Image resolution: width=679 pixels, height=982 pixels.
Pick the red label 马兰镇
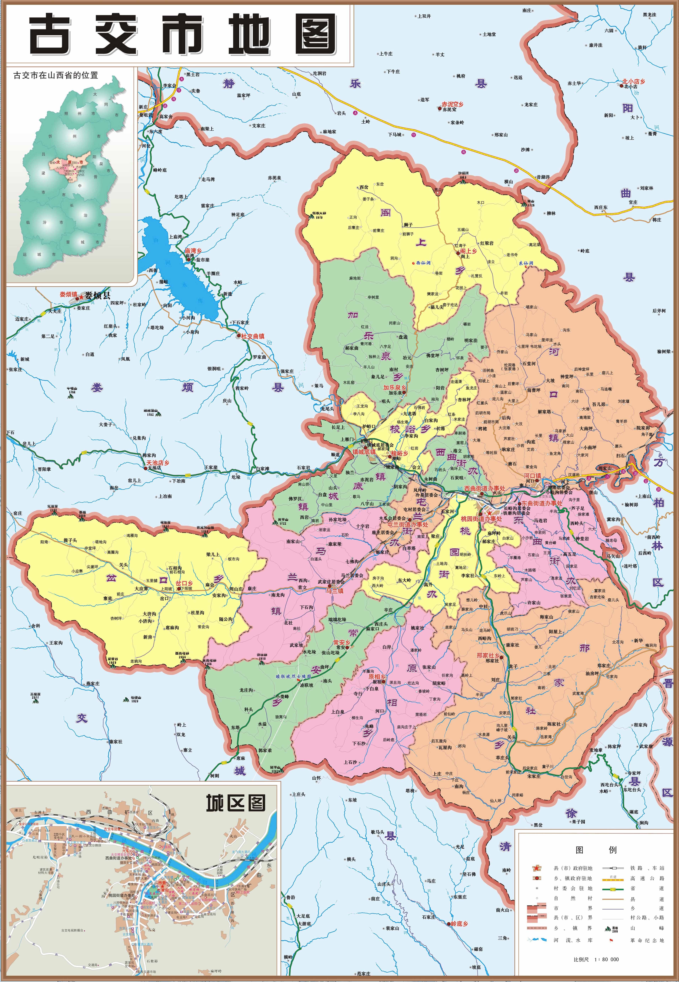(x=334, y=590)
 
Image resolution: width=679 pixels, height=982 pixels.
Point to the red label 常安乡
(x=342, y=642)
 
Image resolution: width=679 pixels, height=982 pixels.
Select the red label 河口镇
(x=532, y=476)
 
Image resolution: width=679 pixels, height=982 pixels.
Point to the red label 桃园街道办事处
(x=481, y=519)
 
